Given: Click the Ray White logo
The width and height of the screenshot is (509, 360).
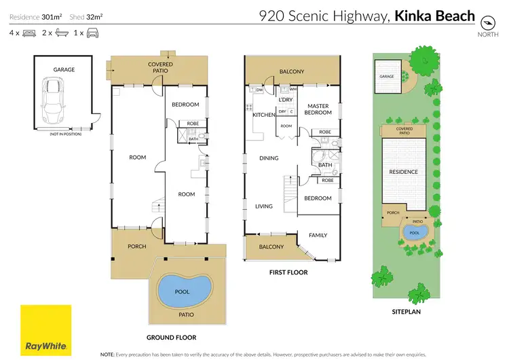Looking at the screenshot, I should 45,330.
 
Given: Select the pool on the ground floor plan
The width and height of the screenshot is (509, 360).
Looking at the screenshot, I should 183,291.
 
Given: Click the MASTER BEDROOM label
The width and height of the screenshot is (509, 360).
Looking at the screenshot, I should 319,109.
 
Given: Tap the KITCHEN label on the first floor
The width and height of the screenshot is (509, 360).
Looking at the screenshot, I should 263,115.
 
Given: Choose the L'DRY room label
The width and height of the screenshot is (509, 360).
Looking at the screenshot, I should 286,100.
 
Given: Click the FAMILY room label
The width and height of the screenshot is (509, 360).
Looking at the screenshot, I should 318,235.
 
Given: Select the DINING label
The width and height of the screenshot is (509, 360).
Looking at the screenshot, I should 269,158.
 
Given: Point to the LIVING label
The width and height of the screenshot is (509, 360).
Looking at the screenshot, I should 263,206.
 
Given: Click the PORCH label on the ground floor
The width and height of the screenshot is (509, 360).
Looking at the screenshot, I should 136,246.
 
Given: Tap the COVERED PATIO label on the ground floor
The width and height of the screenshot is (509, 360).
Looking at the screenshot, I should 160,67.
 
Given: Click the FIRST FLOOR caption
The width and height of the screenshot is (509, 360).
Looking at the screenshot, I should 288,272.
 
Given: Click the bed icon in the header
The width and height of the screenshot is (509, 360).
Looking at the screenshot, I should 29,32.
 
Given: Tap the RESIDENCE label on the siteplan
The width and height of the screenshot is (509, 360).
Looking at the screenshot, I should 404,172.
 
